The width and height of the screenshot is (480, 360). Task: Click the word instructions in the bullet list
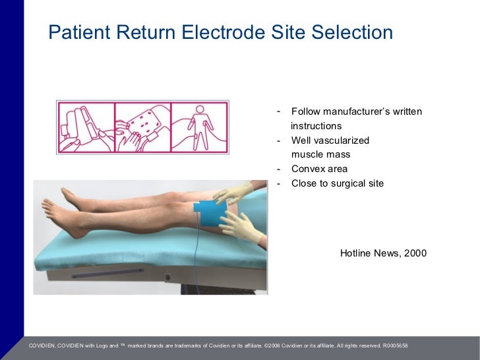pyautogui.click(x=316, y=126)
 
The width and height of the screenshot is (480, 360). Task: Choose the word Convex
pyautogui.click(x=307, y=169)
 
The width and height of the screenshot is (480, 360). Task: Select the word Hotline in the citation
pyautogui.click(x=356, y=253)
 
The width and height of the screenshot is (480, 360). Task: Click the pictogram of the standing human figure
pyautogui.click(x=200, y=128)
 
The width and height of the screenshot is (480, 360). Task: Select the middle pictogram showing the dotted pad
pyautogui.click(x=142, y=128)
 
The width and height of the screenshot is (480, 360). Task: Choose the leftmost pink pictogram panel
pyautogui.click(x=85, y=128)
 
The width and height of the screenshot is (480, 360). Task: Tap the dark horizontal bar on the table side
pyautogui.click(x=106, y=272)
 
